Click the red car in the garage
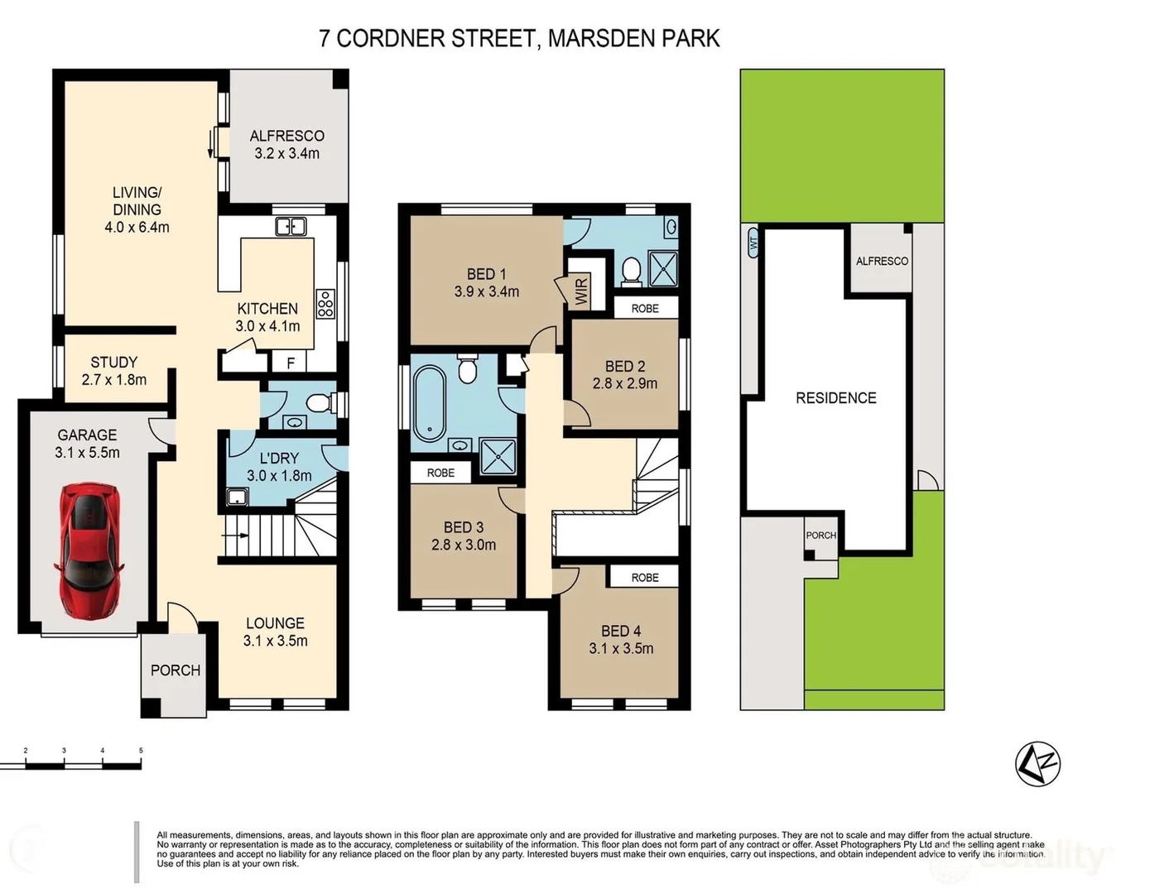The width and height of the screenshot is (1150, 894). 89,550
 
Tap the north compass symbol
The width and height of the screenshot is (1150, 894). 1037,764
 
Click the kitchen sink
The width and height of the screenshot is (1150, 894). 291,227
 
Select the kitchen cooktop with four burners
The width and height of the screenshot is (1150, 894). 325,303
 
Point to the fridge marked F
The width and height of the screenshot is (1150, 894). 291,363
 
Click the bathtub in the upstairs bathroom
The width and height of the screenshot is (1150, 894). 428,402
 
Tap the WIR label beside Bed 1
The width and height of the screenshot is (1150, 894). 581,291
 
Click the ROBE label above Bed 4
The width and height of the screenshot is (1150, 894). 645,577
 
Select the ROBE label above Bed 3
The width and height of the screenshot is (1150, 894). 440,473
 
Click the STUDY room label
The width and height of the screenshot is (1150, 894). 113,363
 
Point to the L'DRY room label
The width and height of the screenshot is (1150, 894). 279,458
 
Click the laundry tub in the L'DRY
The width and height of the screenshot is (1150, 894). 237,497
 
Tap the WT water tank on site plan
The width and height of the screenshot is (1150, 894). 753,243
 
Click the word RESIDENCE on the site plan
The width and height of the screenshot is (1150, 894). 835,398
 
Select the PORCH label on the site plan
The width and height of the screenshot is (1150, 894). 820,536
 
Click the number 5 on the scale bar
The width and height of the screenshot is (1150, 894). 141,750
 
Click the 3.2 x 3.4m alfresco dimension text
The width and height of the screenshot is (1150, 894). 286,153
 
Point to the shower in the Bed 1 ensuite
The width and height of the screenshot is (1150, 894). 663,269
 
